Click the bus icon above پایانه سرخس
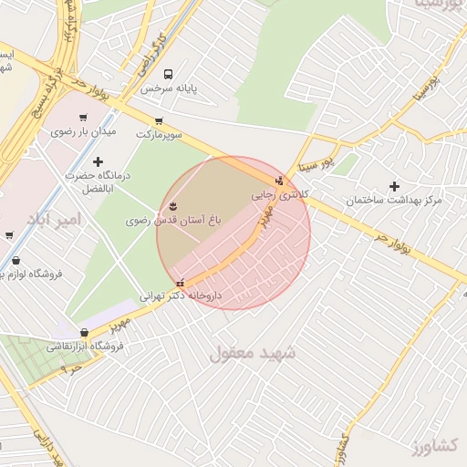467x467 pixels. coord(167,74)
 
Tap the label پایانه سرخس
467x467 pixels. coord(169,89)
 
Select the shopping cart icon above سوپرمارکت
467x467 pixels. coord(159,120)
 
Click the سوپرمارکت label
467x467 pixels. coord(160,134)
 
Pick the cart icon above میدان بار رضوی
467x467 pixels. coord(83,117)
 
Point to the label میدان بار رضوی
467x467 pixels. coord(84,131)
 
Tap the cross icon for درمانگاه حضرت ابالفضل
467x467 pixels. coord(98,161)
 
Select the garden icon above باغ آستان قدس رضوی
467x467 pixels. coord(174,203)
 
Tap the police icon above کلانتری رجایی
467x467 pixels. coord(279,181)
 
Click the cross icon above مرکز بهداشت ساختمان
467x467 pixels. coord(394,186)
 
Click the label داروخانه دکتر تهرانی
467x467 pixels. coord(180,296)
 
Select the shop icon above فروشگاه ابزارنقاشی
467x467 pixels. coord(85,333)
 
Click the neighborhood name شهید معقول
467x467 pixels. coord(249,351)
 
